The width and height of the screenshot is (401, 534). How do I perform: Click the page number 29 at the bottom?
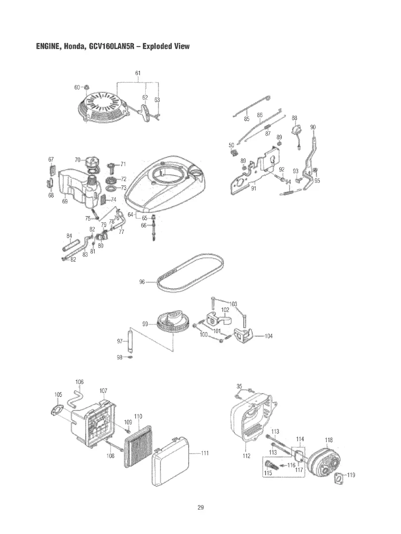coord(200,507)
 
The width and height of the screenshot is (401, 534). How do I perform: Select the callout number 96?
coord(143,281)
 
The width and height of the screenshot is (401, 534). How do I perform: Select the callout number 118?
coord(328,440)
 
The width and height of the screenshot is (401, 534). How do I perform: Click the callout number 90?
coord(313,127)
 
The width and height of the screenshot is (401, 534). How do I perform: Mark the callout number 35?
coord(239,386)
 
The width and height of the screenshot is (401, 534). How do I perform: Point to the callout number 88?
coord(294,118)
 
